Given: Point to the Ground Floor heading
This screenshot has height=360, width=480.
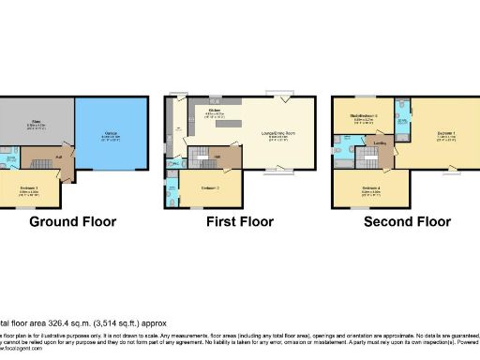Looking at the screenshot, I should tap(72, 223).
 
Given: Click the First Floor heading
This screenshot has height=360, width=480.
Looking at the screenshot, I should tap(239, 223).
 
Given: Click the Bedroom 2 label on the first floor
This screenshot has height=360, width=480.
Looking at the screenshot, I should tap(210, 187).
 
